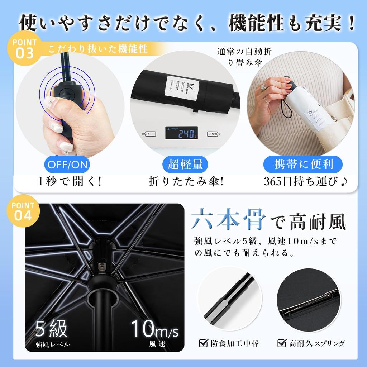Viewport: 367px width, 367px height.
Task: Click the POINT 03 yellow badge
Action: pos(24,49)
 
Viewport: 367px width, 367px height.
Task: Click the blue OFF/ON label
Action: pos(67,165)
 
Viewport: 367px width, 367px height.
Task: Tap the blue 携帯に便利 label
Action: pos(303,165)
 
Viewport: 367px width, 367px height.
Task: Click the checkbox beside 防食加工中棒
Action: pos(204,343)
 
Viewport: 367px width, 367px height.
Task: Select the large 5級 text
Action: pos(52,328)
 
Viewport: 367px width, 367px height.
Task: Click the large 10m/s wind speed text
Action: pos(154,328)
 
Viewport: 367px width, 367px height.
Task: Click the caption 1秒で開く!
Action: pos(70,182)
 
